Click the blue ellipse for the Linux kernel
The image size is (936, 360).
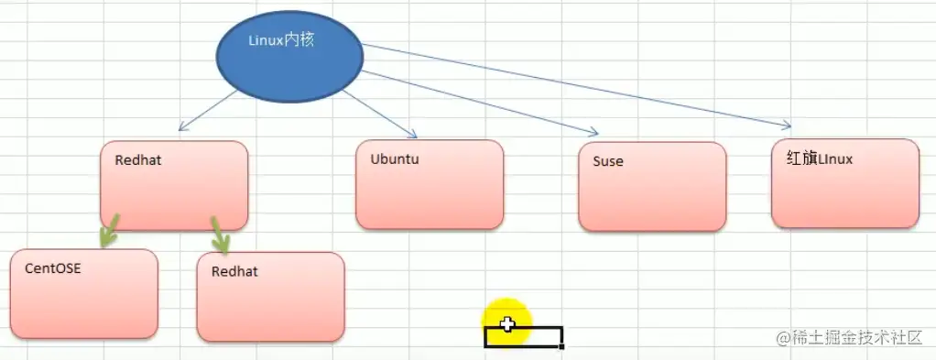[x=289, y=54]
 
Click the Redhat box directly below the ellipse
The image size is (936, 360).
[x=174, y=185]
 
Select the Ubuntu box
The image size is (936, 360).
[x=430, y=184]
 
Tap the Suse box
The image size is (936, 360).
[x=652, y=187]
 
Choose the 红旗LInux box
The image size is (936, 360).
[x=844, y=183]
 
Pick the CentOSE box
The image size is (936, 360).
[x=84, y=294]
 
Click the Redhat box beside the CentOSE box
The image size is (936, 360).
[x=270, y=297]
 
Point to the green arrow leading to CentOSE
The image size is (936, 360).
[x=108, y=232]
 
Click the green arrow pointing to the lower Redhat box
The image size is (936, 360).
[x=220, y=235]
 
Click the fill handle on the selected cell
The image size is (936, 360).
[x=561, y=346]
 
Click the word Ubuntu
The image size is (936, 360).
[x=395, y=158]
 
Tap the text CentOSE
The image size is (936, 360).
[x=53, y=269]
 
